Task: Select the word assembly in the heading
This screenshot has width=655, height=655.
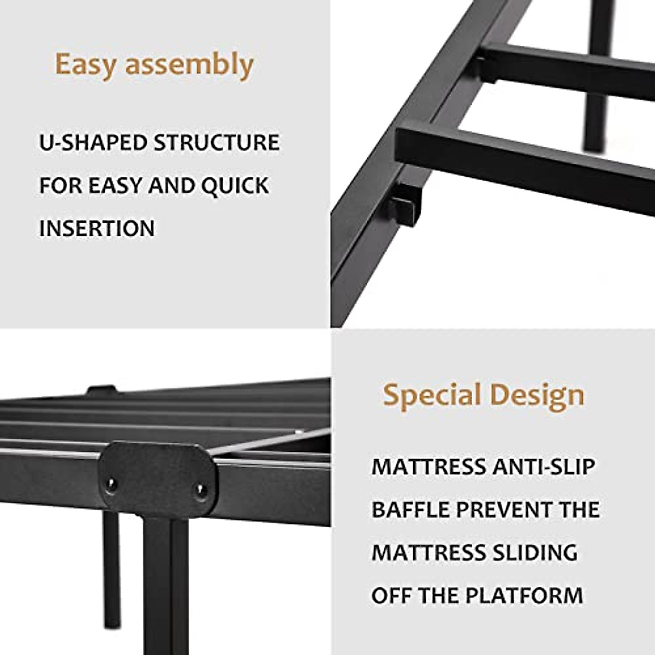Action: point(189,65)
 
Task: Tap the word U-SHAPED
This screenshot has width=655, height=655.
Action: point(93,143)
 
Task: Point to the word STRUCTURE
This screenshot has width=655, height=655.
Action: point(216,143)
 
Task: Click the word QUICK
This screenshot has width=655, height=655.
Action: point(235,186)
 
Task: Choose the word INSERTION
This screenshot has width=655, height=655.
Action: point(97,228)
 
